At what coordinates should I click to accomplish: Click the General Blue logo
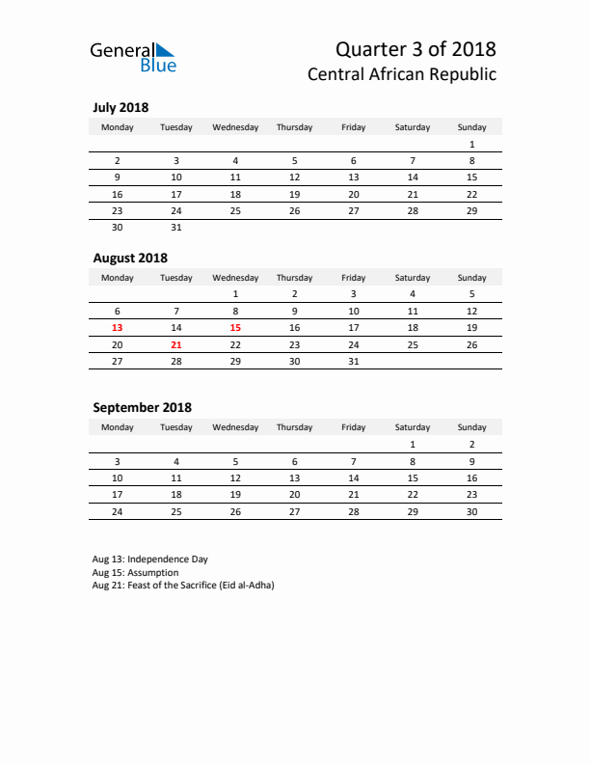[133, 57]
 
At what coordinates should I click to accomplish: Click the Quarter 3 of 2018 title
[416, 48]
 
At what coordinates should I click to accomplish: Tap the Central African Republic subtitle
[402, 74]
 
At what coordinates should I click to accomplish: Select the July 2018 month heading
[121, 108]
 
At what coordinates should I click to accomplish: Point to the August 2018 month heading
[130, 258]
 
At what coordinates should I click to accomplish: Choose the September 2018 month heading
[142, 407]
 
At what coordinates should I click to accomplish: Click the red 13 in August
[118, 328]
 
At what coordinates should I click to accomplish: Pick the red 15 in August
[235, 328]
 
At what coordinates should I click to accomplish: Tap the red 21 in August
[176, 344]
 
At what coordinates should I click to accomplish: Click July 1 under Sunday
[471, 144]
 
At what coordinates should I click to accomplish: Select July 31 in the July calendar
[176, 228]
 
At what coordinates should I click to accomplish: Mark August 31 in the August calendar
[353, 361]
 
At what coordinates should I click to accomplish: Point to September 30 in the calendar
[471, 511]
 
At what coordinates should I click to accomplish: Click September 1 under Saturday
[413, 445]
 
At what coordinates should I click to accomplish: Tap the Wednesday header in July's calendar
[235, 127]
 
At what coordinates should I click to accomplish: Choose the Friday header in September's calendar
[353, 427]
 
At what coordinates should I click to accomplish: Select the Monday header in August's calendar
[118, 278]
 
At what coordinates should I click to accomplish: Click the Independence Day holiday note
[149, 559]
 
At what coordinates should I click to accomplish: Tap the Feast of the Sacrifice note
[183, 586]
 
